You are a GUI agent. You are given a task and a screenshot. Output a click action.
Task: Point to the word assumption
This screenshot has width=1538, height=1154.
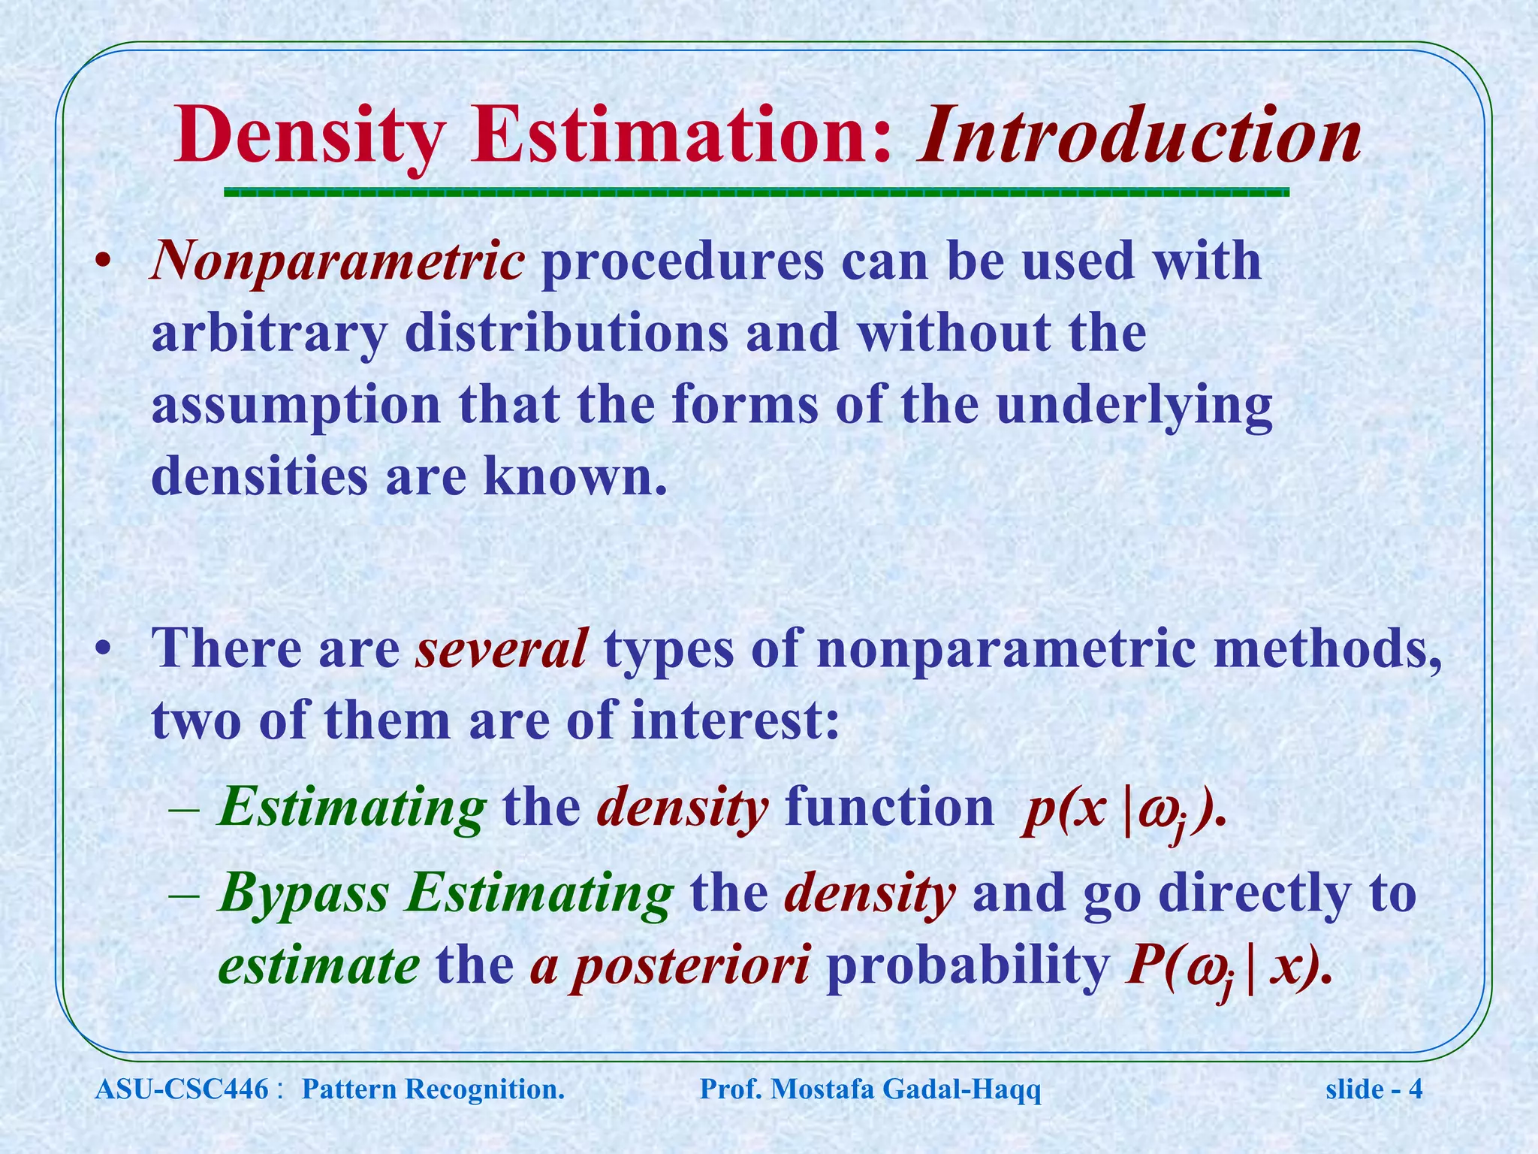click(x=296, y=405)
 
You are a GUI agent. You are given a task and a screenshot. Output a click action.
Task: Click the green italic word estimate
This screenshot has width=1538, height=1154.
click(x=318, y=966)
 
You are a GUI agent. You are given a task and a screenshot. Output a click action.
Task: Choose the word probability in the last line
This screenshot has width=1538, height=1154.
click(x=967, y=966)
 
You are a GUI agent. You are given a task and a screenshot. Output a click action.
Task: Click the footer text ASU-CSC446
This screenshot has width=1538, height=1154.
click(x=182, y=1089)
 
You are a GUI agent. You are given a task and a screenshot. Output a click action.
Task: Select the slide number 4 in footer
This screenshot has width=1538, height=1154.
click(x=1416, y=1089)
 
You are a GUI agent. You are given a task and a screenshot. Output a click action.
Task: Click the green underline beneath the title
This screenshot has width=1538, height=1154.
click(x=756, y=192)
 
